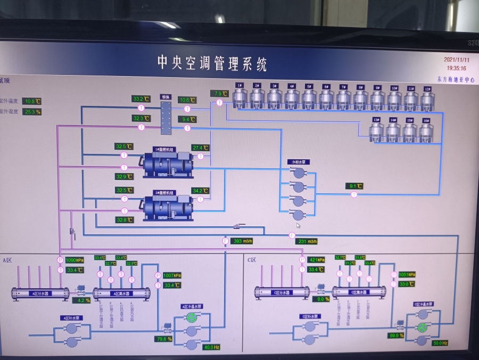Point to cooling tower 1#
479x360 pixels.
coord(240,97)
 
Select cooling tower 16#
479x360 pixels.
coord(426,130)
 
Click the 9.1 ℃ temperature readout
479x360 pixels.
coord(354,186)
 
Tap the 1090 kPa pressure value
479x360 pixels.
coord(75,260)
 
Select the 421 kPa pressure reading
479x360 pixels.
coord(317,260)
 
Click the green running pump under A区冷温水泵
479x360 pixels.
coord(191,317)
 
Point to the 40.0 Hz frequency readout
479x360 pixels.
coord(211,347)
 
